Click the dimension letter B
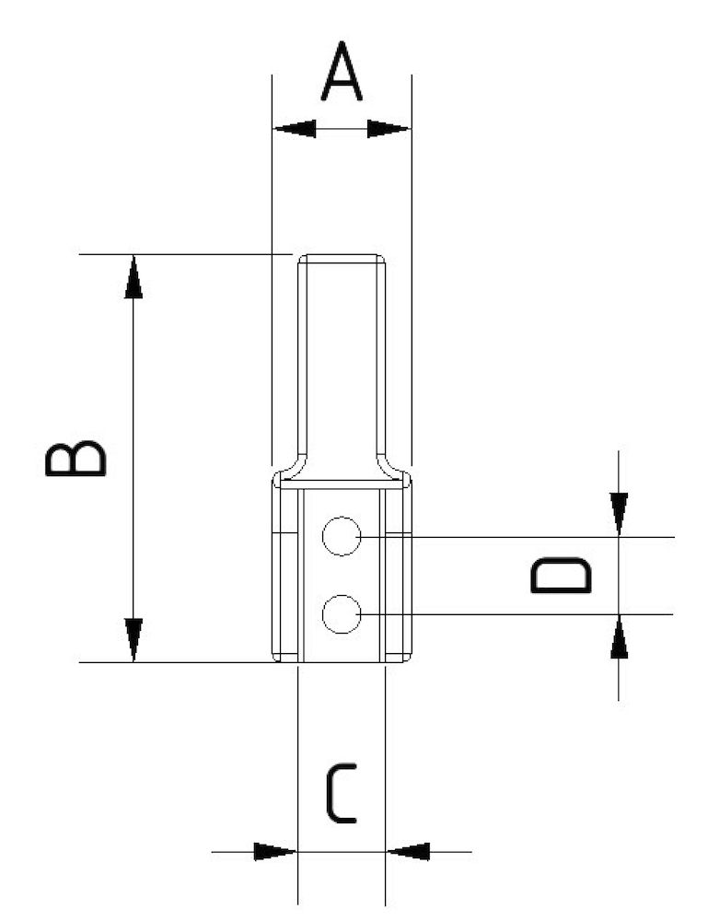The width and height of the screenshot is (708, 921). (x=75, y=458)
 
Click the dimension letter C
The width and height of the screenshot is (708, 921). (x=341, y=796)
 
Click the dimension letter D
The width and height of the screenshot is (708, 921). (x=561, y=576)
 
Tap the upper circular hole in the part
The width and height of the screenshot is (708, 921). (x=342, y=536)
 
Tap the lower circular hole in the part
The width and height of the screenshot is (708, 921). (x=342, y=614)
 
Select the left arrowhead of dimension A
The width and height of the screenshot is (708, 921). (x=294, y=129)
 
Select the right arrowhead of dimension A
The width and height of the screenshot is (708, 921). (x=389, y=129)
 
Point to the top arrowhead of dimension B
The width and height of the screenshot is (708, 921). (x=134, y=276)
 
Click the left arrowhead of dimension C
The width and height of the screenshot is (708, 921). (x=275, y=852)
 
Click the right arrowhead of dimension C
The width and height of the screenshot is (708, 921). (x=407, y=852)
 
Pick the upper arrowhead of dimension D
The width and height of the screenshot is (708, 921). (x=619, y=514)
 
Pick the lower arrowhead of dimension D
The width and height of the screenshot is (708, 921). (x=619, y=636)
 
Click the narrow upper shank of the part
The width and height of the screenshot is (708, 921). (x=341, y=359)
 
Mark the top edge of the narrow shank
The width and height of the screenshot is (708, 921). (x=341, y=255)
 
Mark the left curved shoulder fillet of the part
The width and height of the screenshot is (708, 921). (x=287, y=468)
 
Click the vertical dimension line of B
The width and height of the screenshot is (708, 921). (x=134, y=458)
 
